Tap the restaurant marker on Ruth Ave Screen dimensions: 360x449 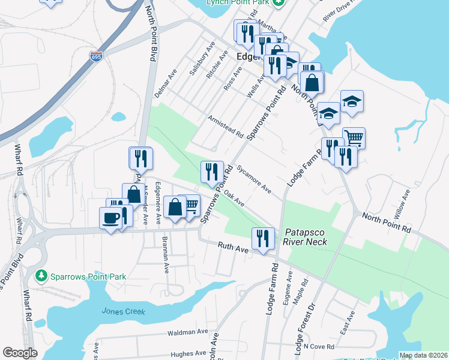263,238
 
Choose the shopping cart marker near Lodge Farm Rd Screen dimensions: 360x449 354,138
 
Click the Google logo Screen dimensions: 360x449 20,353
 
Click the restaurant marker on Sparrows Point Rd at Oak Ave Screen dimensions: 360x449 212,172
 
